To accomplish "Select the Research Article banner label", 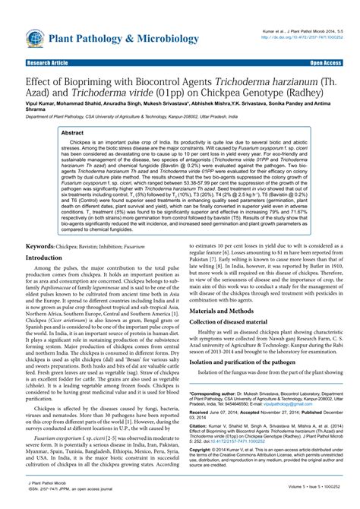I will (49, 64).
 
